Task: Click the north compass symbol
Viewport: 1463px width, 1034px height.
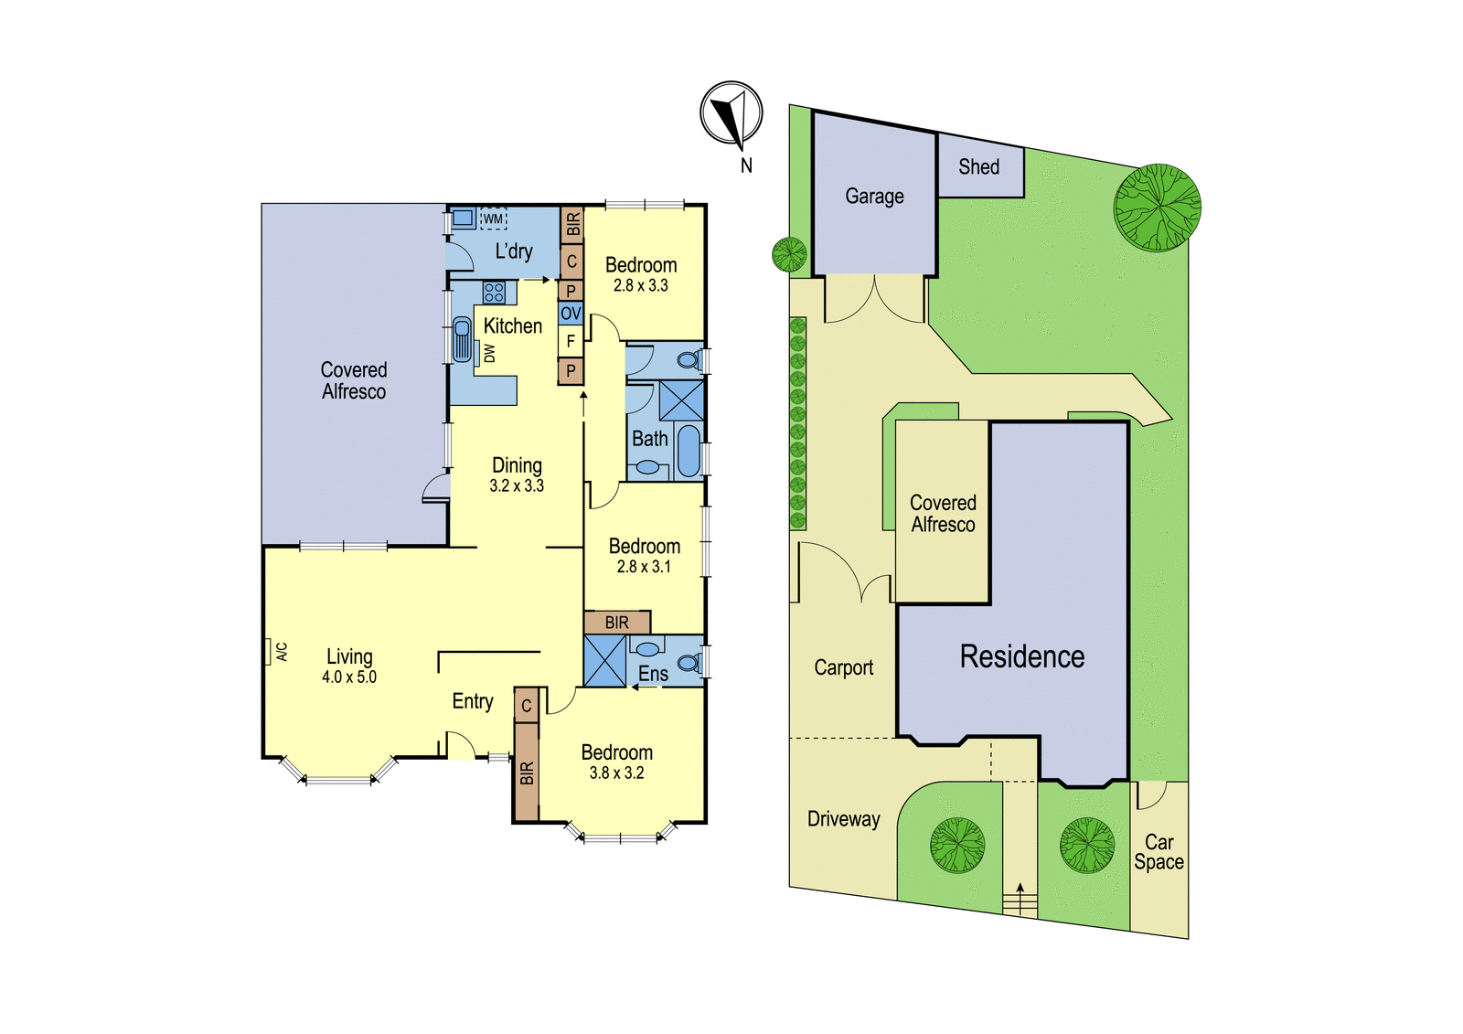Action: click(x=731, y=113)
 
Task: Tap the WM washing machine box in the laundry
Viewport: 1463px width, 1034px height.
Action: click(x=493, y=219)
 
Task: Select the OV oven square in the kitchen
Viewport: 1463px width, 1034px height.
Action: click(x=571, y=313)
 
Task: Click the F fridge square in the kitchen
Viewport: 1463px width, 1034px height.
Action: click(x=571, y=341)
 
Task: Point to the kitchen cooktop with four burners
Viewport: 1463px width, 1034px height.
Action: click(x=494, y=292)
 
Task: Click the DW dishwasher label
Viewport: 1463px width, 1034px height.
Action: click(x=489, y=354)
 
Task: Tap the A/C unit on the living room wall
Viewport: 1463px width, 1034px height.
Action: click(x=268, y=651)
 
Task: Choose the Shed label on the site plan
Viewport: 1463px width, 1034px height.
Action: click(x=979, y=167)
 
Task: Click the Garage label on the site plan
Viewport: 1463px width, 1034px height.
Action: click(x=874, y=196)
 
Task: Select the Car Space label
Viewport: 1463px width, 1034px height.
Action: click(x=1159, y=852)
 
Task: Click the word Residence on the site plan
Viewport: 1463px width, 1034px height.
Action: click(x=1022, y=656)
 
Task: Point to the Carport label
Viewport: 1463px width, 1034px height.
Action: click(x=843, y=667)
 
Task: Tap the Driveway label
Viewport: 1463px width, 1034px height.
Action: click(x=844, y=819)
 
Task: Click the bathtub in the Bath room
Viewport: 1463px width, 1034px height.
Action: click(x=689, y=451)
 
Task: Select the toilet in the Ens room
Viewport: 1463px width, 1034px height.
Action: click(x=689, y=664)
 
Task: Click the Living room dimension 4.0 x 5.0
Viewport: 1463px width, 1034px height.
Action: click(x=349, y=677)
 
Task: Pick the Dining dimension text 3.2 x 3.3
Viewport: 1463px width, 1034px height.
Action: click(x=517, y=486)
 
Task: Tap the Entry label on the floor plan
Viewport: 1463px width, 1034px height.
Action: click(x=473, y=701)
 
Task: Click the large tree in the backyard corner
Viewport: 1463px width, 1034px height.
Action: click(x=1158, y=207)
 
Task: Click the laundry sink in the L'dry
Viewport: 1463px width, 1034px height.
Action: click(x=463, y=219)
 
